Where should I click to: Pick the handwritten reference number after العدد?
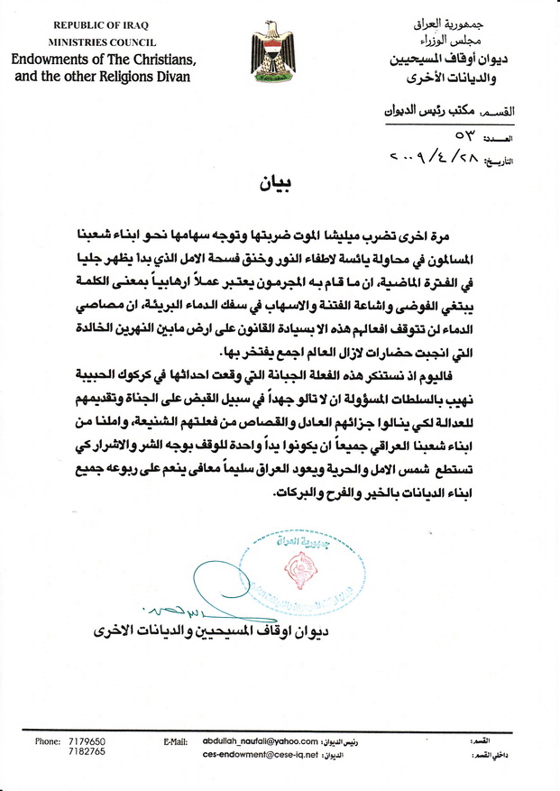point(469,135)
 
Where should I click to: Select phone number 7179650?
point(87,740)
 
